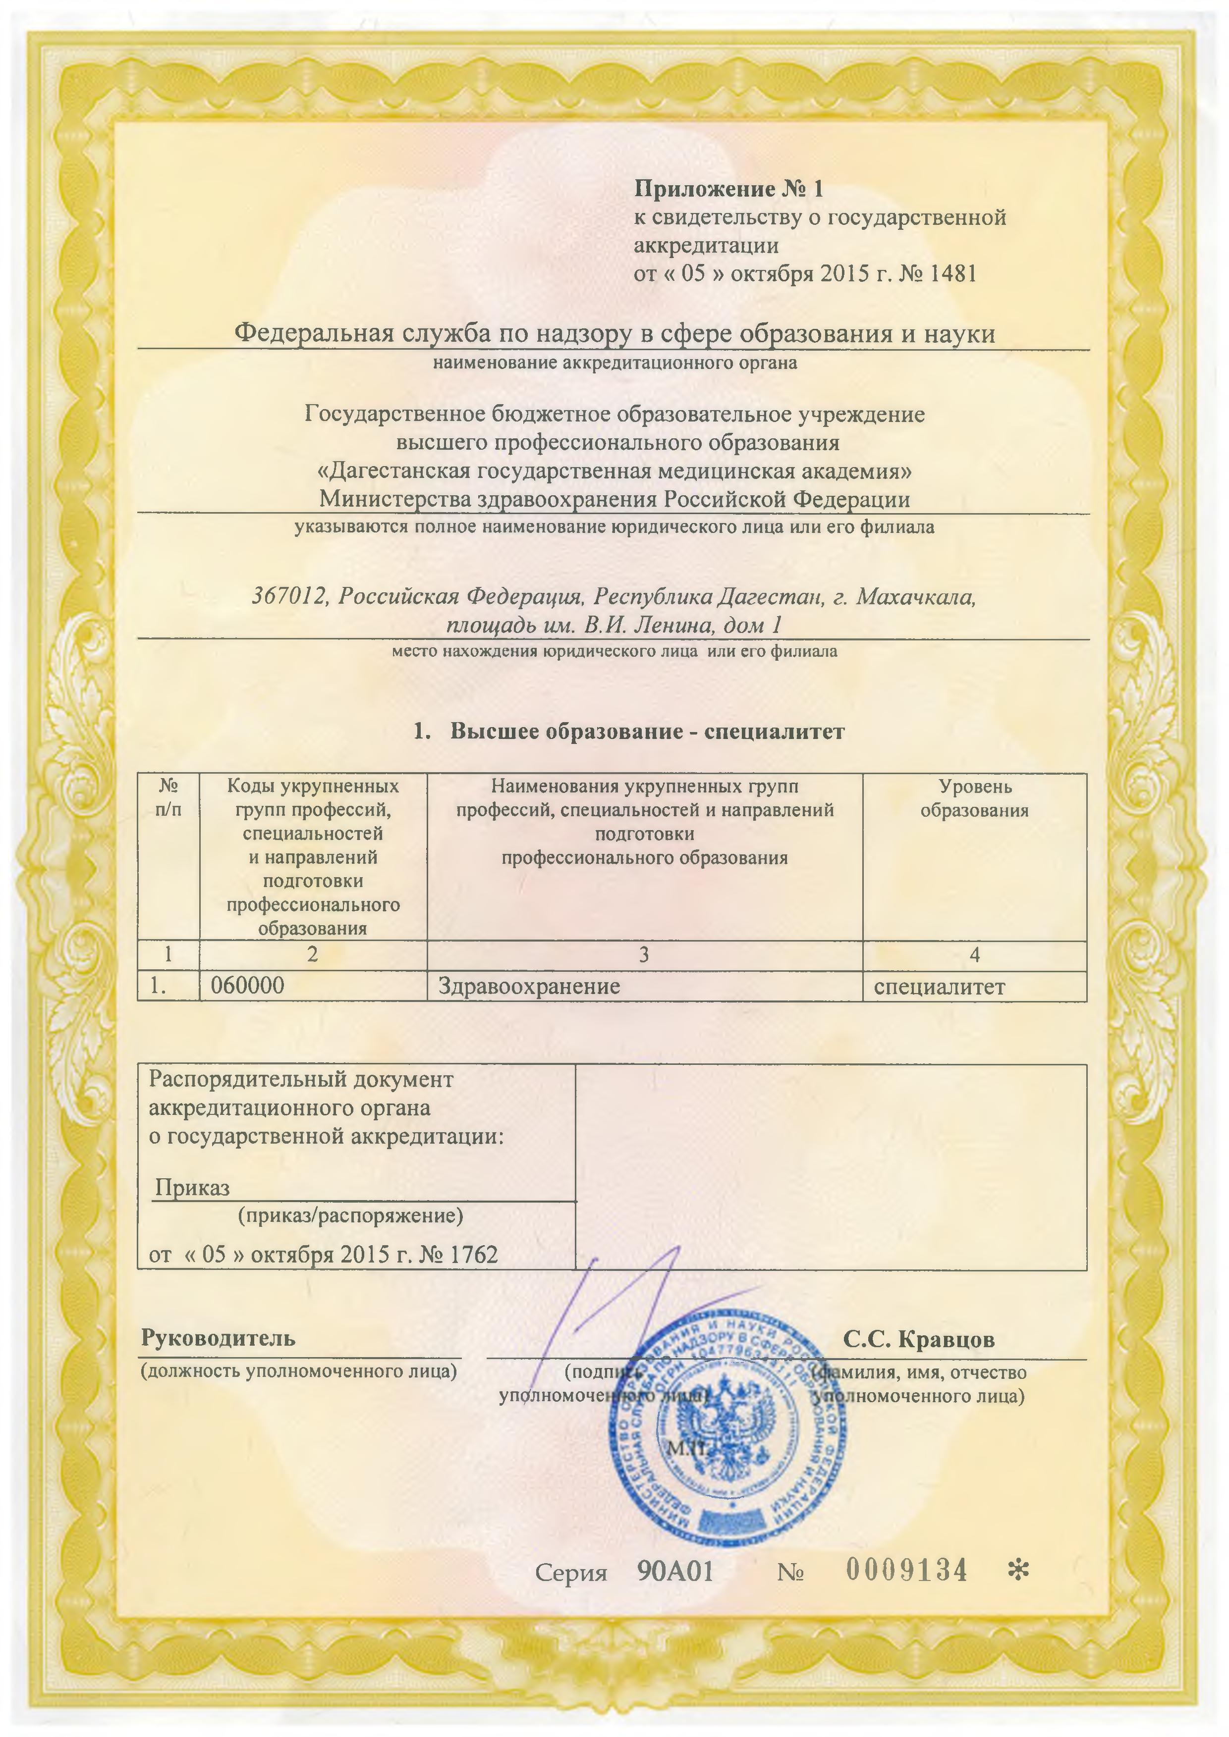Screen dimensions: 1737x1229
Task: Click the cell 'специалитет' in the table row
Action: (939, 987)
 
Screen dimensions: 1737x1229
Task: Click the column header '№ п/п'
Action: (168, 799)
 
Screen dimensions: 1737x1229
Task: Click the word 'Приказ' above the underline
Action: (192, 1188)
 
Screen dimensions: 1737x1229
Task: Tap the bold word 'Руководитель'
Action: (218, 1338)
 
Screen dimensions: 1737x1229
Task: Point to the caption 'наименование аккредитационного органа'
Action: (614, 363)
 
